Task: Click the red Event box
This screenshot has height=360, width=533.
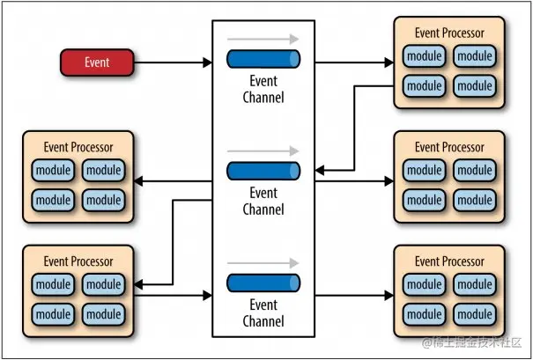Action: pyautogui.click(x=97, y=62)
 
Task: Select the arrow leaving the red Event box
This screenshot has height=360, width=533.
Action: pyautogui.click(x=173, y=62)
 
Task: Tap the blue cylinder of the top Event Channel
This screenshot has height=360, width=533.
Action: pyautogui.click(x=263, y=59)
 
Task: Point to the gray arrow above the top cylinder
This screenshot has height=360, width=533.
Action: pyautogui.click(x=263, y=39)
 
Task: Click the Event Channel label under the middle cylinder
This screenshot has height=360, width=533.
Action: pyautogui.click(x=263, y=201)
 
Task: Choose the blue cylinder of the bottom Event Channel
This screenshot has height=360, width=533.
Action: pyautogui.click(x=263, y=283)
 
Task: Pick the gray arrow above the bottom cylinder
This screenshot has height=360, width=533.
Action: pyautogui.click(x=263, y=263)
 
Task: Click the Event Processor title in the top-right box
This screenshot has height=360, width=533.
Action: pyautogui.click(x=449, y=33)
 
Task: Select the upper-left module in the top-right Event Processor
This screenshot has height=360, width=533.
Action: pyautogui.click(x=425, y=56)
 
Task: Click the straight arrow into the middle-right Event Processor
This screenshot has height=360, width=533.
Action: pyautogui.click(x=354, y=181)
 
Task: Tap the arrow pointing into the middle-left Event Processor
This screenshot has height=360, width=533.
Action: pyautogui.click(x=173, y=181)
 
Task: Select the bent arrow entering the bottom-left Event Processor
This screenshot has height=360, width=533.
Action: pyautogui.click(x=173, y=242)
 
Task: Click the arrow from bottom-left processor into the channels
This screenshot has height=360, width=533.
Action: pyautogui.click(x=173, y=296)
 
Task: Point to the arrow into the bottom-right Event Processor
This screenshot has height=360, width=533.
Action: pyautogui.click(x=354, y=296)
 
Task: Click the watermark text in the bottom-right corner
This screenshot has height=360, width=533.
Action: pyautogui.click(x=471, y=343)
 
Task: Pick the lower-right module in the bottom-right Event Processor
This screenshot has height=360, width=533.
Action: pyautogui.click(x=475, y=314)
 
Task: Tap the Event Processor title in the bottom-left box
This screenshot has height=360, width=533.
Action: pyautogui.click(x=78, y=261)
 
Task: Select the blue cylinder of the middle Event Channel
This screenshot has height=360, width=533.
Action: pyautogui.click(x=263, y=171)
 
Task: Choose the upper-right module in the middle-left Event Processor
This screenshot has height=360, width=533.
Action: pyautogui.click(x=103, y=170)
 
